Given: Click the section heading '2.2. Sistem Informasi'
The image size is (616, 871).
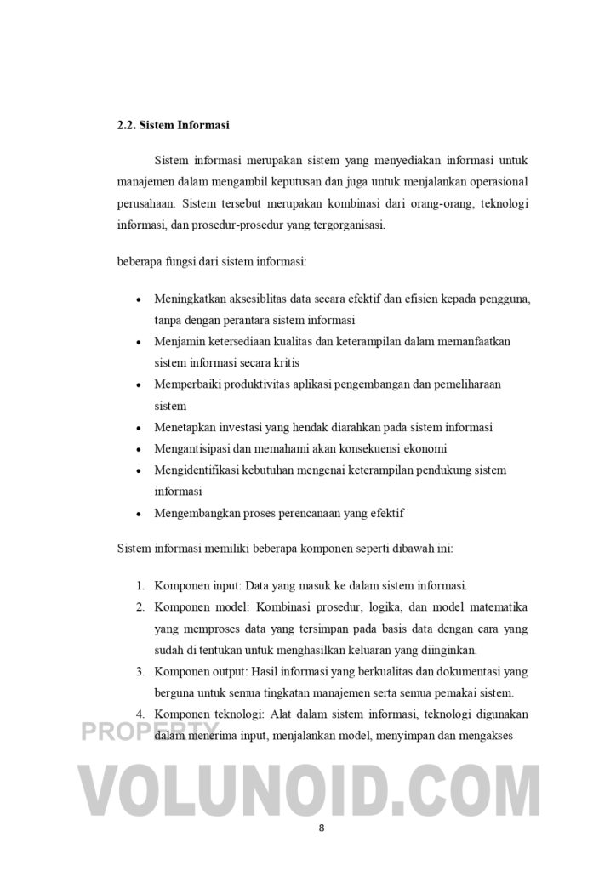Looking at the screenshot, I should (x=174, y=125).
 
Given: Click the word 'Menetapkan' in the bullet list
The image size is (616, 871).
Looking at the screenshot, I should (x=183, y=427).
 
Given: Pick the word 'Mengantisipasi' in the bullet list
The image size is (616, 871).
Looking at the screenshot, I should (x=189, y=448).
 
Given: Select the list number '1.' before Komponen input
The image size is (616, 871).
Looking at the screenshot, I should (x=141, y=586).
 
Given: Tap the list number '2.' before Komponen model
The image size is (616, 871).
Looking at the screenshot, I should (x=141, y=607).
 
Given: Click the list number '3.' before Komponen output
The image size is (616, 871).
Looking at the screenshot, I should (x=141, y=672).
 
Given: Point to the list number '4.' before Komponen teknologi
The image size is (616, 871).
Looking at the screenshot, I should (x=141, y=714).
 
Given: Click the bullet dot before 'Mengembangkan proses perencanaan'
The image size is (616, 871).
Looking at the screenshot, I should (x=140, y=514).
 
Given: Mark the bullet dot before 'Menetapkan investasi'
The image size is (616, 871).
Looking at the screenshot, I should (x=140, y=428).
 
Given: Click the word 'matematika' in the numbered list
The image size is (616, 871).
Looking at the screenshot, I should (x=499, y=607).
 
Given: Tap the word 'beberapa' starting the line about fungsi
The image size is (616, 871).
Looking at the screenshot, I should (x=138, y=262).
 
